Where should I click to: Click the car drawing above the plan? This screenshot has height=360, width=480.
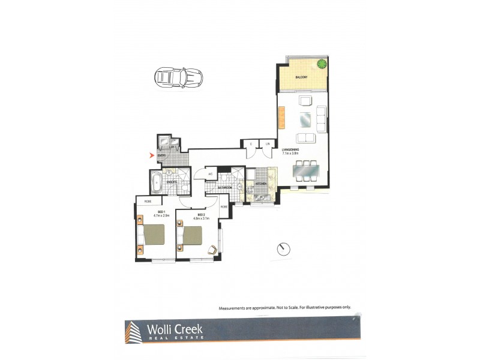coord(178,77)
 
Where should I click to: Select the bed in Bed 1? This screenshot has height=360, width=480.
coord(152,236)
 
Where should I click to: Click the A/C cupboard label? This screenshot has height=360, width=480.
coord(210,175)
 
